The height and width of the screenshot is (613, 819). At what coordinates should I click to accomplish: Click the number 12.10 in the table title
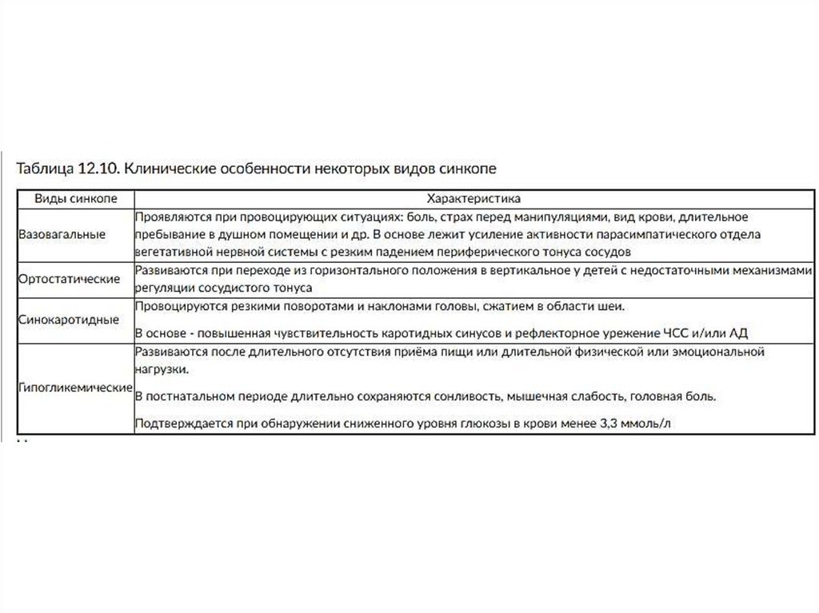click(97, 169)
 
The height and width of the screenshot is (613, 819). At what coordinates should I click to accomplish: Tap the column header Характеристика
click(474, 197)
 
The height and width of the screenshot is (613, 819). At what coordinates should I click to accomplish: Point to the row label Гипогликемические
click(75, 388)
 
